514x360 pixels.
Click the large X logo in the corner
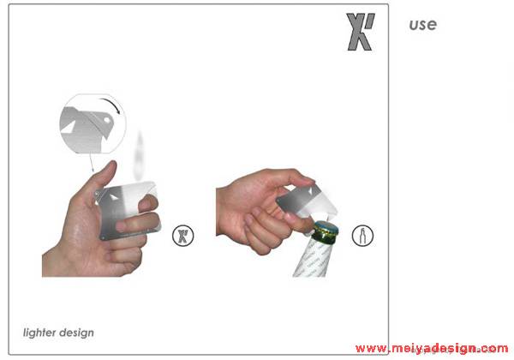(x=361, y=32)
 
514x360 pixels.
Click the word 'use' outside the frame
(x=423, y=25)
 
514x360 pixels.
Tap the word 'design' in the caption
(x=76, y=333)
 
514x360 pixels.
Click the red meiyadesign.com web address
(x=432, y=348)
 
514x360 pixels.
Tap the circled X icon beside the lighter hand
(x=183, y=236)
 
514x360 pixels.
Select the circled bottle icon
(x=362, y=236)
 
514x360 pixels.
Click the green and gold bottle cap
(x=326, y=232)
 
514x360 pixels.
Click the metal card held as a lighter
(x=126, y=210)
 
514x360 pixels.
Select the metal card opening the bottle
(x=307, y=201)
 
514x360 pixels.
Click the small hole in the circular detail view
(x=107, y=120)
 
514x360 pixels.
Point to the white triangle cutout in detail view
(x=68, y=127)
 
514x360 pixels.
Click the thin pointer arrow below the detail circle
(x=92, y=162)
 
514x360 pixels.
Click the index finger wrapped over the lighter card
(x=148, y=203)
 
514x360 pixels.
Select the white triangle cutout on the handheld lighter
(x=113, y=197)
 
